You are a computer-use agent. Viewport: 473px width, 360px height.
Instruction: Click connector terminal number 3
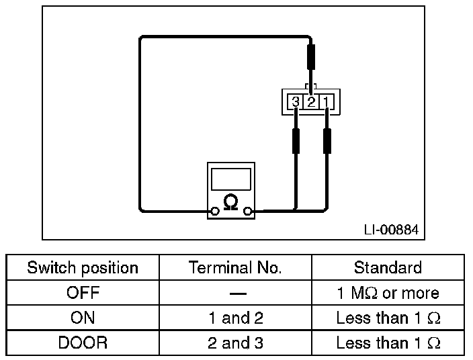click(296, 102)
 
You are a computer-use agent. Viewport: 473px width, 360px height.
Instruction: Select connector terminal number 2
click(311, 102)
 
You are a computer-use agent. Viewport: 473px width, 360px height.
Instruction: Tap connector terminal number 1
click(326, 102)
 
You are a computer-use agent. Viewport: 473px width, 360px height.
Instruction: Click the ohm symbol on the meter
click(230, 202)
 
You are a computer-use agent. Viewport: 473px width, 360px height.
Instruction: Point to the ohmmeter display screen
click(230, 179)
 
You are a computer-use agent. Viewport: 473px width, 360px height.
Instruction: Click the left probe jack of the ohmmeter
click(214, 212)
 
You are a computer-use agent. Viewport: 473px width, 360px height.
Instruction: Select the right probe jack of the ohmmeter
click(248, 212)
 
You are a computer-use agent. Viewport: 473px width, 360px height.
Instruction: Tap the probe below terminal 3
click(296, 140)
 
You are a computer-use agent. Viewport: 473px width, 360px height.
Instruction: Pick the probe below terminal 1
click(327, 140)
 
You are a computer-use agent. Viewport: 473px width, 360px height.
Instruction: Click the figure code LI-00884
click(390, 230)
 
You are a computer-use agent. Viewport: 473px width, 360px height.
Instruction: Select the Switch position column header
click(83, 268)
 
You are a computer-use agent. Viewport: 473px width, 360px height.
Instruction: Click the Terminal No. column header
click(235, 268)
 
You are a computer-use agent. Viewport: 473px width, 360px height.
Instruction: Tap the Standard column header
click(388, 268)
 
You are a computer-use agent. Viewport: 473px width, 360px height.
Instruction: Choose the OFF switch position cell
click(83, 293)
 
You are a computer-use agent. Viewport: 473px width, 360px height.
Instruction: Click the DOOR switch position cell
click(83, 343)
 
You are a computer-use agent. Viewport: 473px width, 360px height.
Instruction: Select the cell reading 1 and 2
click(235, 318)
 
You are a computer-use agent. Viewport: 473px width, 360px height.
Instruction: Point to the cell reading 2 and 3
click(235, 343)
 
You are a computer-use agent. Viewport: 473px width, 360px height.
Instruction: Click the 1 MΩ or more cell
click(388, 293)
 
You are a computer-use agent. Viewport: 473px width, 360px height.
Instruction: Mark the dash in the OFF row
click(235, 294)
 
